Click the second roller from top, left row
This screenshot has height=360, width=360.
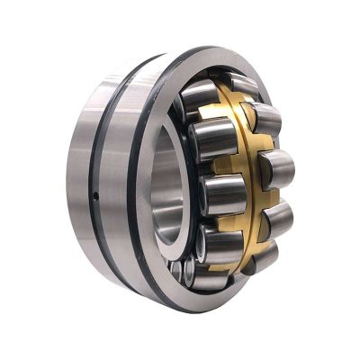210,140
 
